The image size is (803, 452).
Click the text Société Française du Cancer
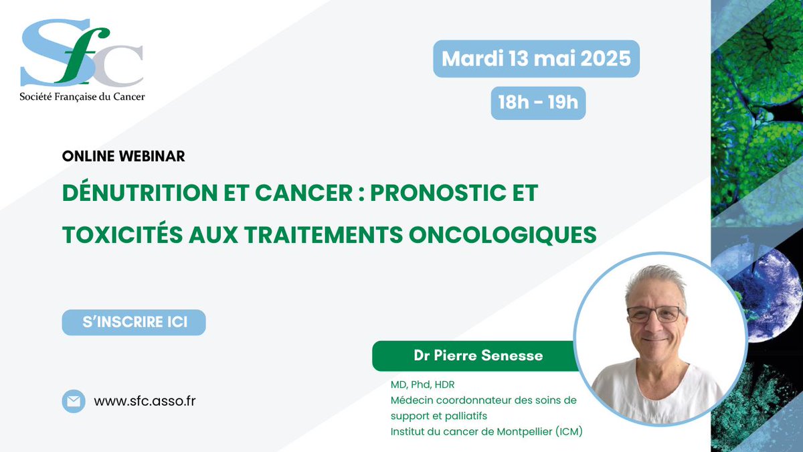[82, 96]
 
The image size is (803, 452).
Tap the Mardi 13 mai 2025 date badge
[536, 58]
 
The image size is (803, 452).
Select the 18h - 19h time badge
[538, 102]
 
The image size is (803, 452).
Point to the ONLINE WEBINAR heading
[123, 156]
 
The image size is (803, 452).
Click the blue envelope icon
[73, 401]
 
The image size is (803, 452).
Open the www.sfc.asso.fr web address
[145, 401]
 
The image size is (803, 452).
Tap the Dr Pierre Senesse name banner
[478, 356]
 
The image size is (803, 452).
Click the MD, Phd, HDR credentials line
[423, 384]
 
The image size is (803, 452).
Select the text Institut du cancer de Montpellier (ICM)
[486, 432]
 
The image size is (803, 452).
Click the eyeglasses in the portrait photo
[654, 314]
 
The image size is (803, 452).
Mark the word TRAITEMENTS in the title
[323, 234]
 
